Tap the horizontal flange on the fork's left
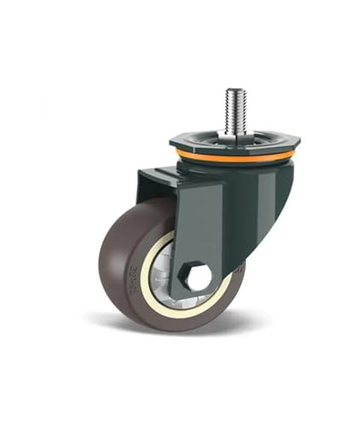tap(158, 175)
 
